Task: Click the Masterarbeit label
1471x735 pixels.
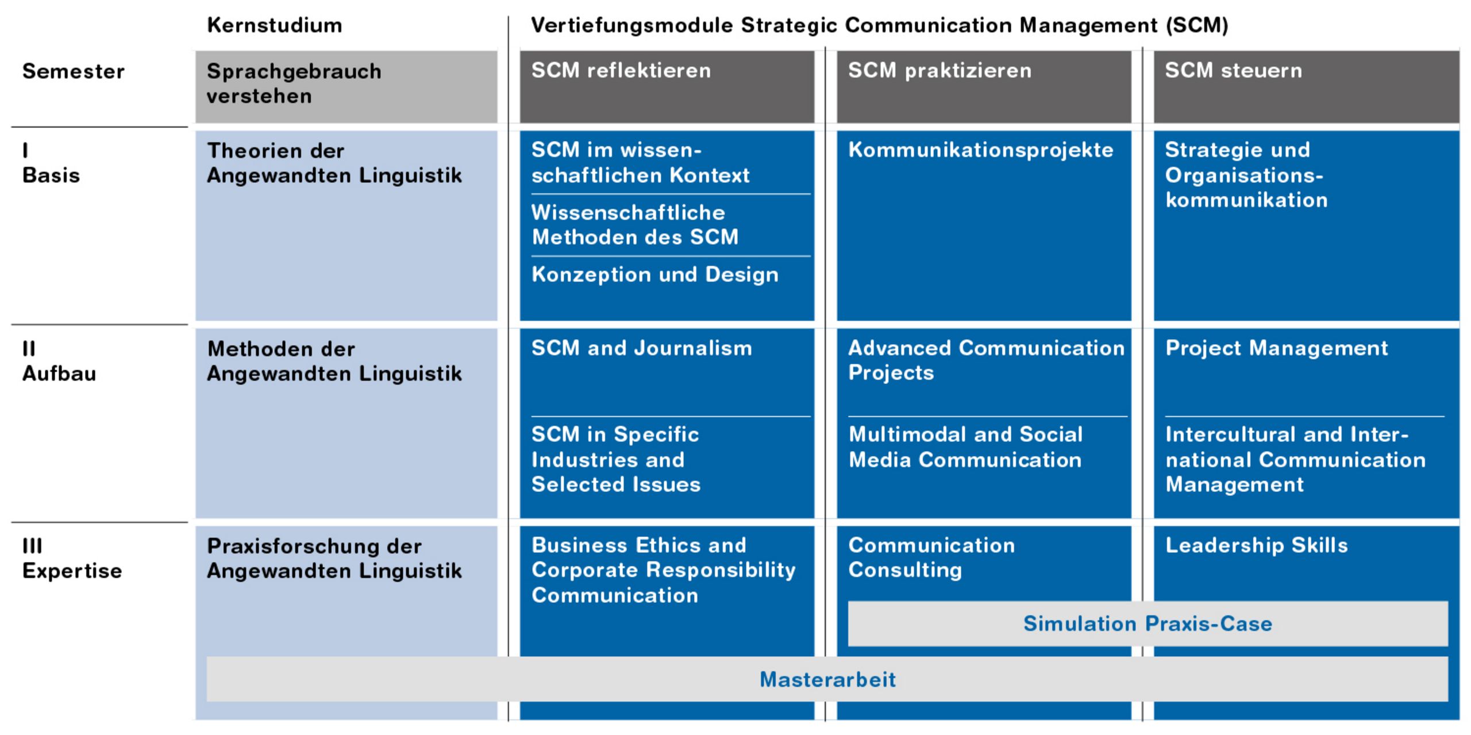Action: [x=827, y=679]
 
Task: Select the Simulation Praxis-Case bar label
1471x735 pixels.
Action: [x=1147, y=624]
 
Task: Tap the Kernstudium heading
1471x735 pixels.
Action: [x=275, y=25]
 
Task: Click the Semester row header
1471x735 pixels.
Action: [x=73, y=71]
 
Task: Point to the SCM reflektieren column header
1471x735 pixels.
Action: [x=621, y=70]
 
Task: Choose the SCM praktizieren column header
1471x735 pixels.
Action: [x=940, y=70]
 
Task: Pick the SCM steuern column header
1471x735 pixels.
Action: [x=1234, y=70]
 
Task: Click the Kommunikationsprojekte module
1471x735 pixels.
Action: [x=981, y=149]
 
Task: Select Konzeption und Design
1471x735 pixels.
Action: [x=655, y=274]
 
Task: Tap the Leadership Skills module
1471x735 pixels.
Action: [x=1257, y=545]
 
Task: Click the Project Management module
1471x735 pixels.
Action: [x=1277, y=348]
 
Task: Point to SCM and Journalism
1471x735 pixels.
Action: [x=642, y=348]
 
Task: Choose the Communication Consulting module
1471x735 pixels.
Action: [x=931, y=557]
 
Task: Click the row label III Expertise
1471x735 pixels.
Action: [x=72, y=558]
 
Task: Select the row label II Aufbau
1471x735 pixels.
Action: [x=59, y=361]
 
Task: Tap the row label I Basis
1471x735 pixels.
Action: [x=51, y=163]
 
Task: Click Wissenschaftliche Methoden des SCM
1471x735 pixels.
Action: [x=635, y=225]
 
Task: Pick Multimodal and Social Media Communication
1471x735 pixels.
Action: [x=966, y=447]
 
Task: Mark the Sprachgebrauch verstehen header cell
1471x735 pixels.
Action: [x=346, y=87]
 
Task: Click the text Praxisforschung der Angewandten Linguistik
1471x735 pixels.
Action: [x=334, y=558]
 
